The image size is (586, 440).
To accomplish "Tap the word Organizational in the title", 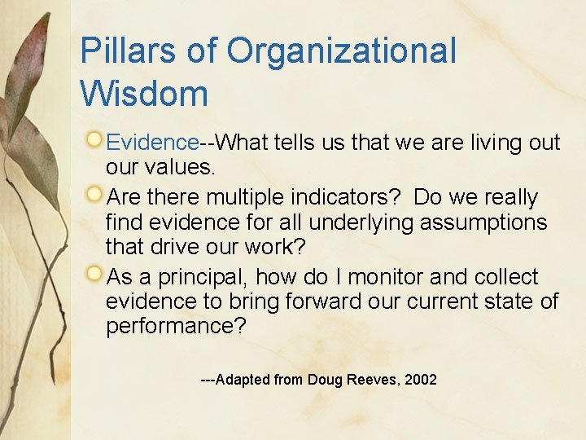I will tap(342, 51).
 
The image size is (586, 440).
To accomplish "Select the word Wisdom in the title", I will tap(144, 94).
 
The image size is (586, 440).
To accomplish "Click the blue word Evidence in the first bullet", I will tap(152, 143).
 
